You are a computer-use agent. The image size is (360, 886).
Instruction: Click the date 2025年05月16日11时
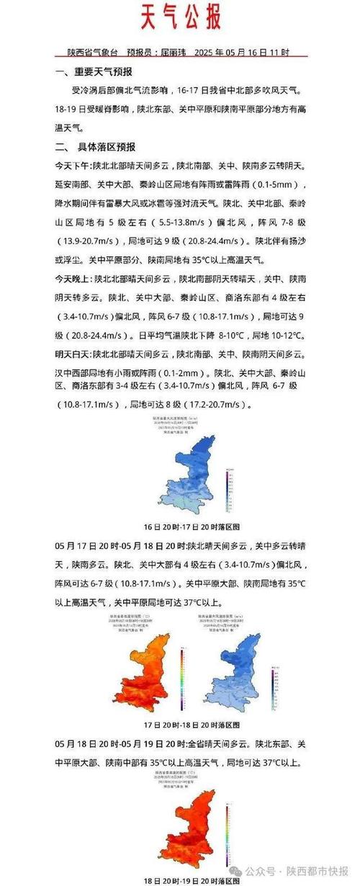[x=243, y=53]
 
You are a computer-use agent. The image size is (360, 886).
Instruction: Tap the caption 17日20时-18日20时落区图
[x=181, y=724]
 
